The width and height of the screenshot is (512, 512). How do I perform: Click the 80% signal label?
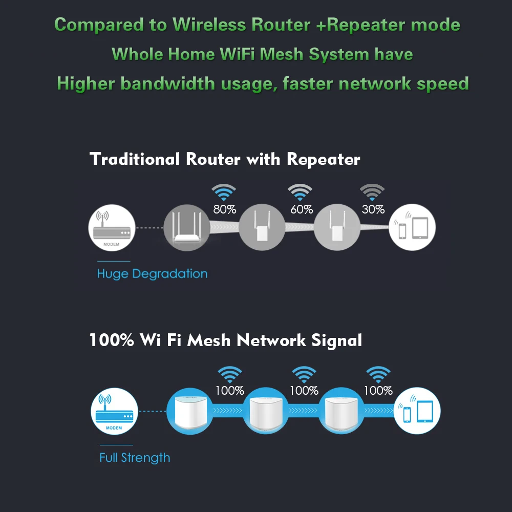[x=224, y=209]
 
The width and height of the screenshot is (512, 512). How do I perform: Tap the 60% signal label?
[x=302, y=209]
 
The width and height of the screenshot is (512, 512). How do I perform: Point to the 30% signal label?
[x=373, y=209]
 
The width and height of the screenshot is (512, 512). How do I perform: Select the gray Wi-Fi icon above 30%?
[x=372, y=193]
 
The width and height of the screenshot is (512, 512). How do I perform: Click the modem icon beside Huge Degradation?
[x=112, y=227]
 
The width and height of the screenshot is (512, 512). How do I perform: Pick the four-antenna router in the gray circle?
[x=186, y=227]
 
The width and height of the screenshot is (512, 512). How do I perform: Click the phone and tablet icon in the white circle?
[x=413, y=227]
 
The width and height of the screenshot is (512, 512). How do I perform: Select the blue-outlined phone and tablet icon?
[x=417, y=411]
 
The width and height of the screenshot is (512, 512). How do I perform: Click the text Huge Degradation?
[x=152, y=273]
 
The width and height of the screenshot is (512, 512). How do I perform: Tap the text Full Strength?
[x=135, y=457]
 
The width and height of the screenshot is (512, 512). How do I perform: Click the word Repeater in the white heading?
[x=323, y=159]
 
